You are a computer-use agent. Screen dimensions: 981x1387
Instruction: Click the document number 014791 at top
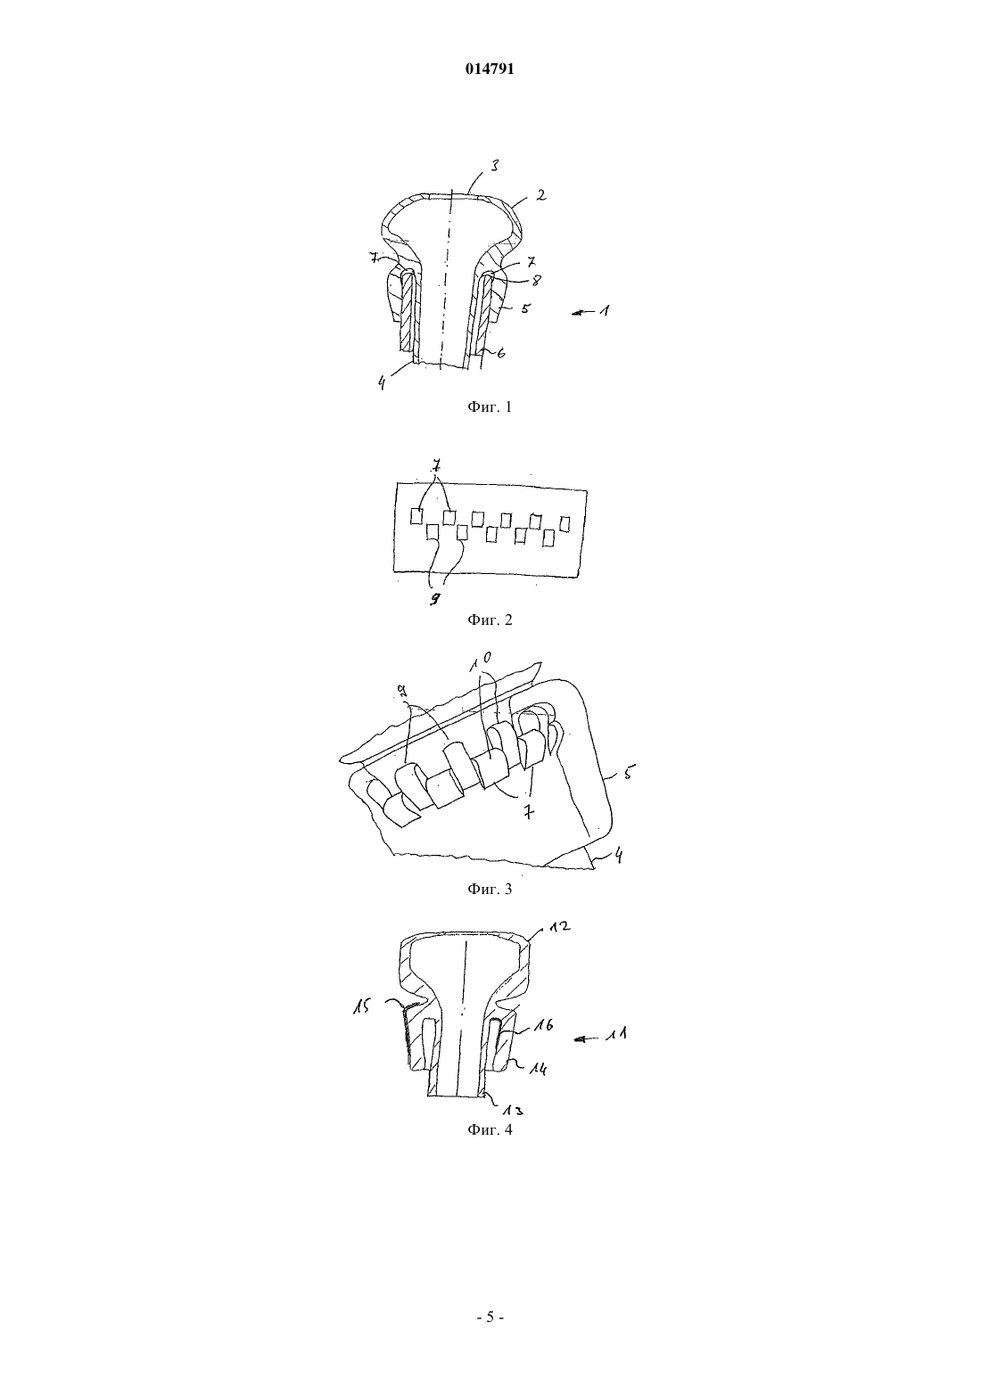point(490,70)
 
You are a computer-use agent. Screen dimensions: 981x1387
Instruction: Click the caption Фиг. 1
point(490,406)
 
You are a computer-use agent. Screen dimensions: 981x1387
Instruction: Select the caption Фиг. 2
point(490,620)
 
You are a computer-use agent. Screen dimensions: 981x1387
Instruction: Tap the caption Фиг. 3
point(490,890)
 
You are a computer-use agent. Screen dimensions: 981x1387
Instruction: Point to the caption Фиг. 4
point(490,1128)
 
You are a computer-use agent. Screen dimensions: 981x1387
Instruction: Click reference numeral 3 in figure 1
point(494,166)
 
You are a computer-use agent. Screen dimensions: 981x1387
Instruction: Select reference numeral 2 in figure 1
point(540,195)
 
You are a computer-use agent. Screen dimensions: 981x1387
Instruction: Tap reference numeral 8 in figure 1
point(536,281)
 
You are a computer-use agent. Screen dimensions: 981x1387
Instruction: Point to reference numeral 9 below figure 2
point(436,598)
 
